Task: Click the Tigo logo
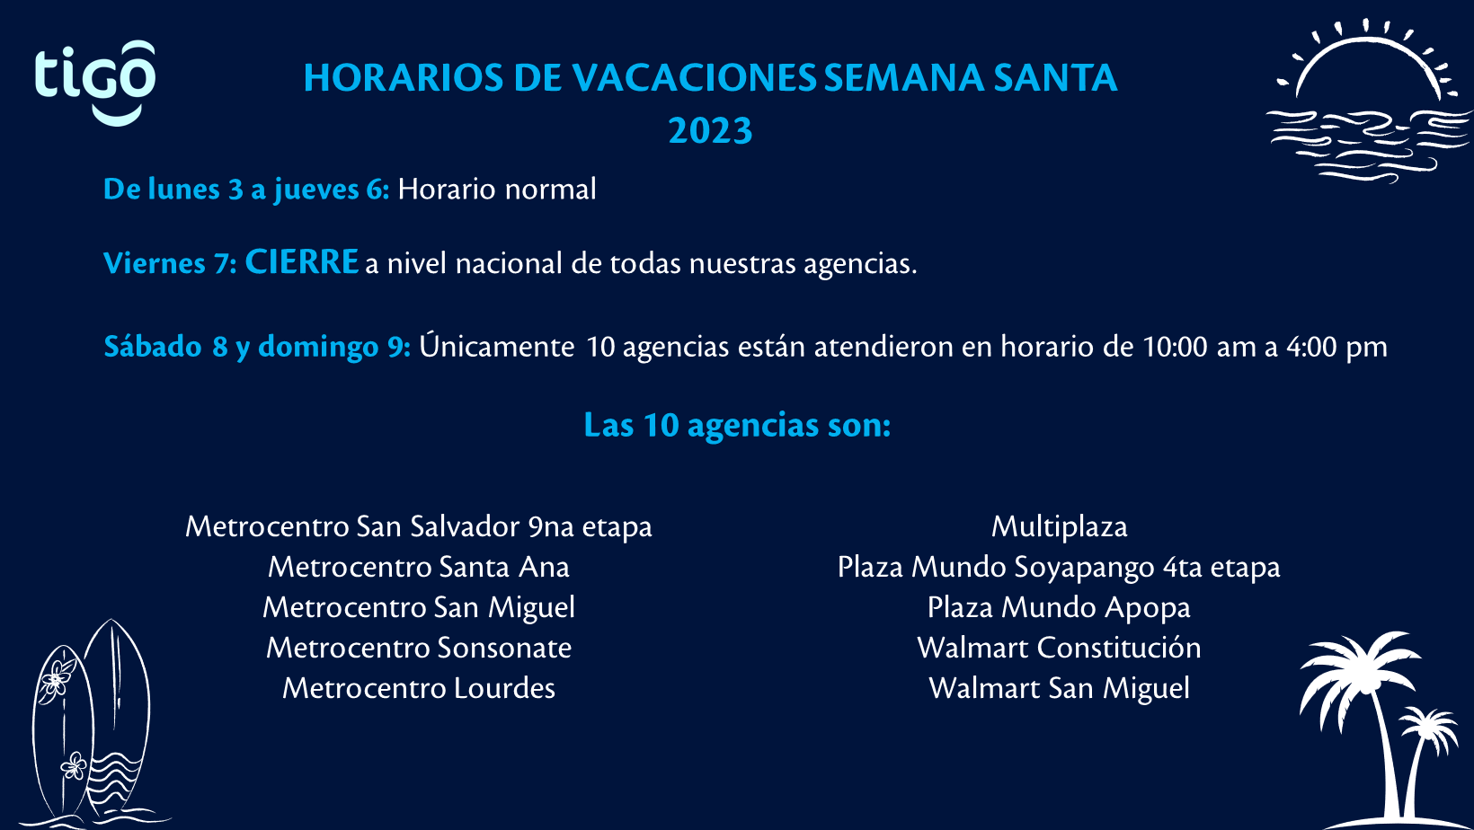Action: [95, 83]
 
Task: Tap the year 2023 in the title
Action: [710, 131]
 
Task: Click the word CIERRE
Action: [301, 261]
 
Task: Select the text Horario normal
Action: [497, 190]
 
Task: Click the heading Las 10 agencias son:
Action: [737, 426]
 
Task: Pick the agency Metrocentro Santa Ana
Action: [419, 567]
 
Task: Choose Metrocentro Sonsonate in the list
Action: [419, 648]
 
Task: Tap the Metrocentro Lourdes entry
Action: [419, 689]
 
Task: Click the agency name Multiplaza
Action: [1059, 526]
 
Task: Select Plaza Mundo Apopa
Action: [1059, 608]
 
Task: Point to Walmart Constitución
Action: [1059, 648]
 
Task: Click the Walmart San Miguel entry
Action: [1059, 689]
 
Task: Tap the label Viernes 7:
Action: [170, 264]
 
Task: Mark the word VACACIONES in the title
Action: [694, 77]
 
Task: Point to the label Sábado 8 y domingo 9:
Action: [257, 348]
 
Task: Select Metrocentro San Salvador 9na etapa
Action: [419, 526]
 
